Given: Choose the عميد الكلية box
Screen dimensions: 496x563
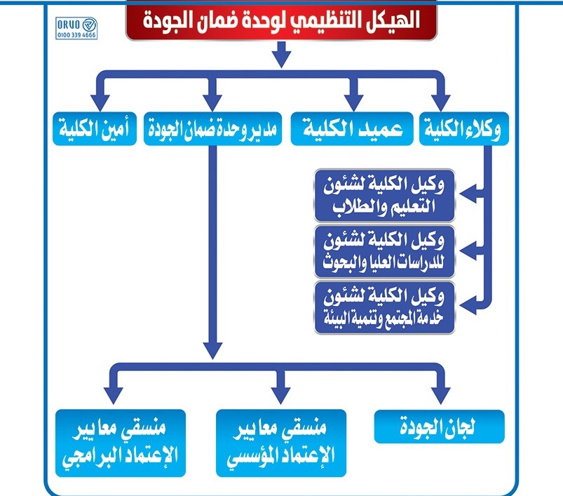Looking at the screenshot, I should (x=352, y=130).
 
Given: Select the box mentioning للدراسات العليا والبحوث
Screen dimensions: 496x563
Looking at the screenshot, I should (x=386, y=250).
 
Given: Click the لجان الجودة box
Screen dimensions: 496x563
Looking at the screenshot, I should (x=440, y=426).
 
